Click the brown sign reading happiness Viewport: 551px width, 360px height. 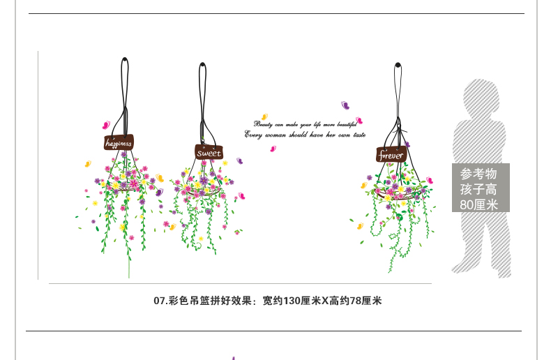coord(119,142)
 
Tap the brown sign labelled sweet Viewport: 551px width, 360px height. coord(208,152)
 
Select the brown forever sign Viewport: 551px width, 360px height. coord(391,155)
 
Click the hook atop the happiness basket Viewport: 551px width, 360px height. coord(124,59)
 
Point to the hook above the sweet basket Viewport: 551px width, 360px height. coord(203,64)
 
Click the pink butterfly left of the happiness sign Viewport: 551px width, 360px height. coord(105,125)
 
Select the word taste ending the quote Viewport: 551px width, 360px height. coord(359,135)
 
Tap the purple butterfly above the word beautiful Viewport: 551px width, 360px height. coord(345,106)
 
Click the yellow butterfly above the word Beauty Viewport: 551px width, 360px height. coord(264,117)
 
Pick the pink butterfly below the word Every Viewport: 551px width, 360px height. coord(273,149)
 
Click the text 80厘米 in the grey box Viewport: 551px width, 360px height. coord(479,204)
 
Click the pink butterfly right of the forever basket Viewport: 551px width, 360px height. coord(430,181)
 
